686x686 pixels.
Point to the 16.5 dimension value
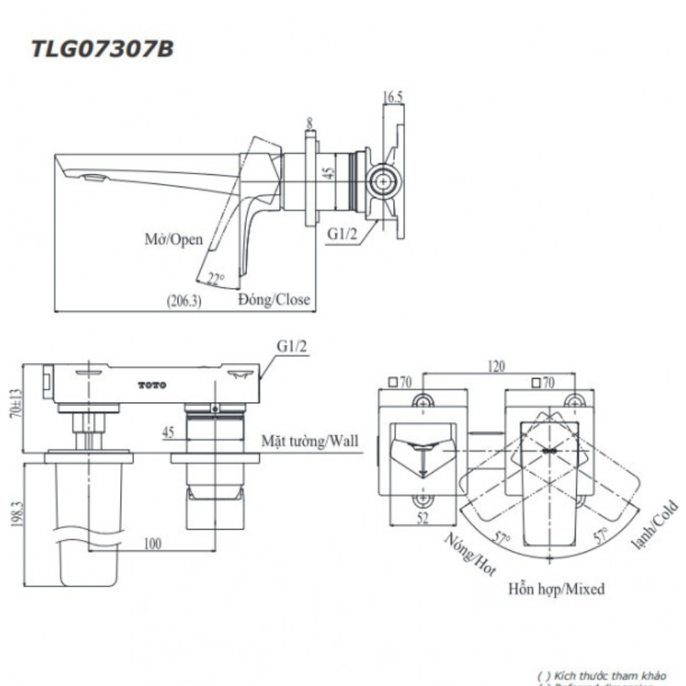(392, 98)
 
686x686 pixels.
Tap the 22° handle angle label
(216, 279)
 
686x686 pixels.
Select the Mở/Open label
(174, 239)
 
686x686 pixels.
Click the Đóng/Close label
(274, 300)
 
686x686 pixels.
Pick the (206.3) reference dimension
(184, 300)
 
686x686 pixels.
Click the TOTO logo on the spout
(152, 386)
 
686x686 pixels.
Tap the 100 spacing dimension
(152, 543)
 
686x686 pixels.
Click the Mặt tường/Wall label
(309, 441)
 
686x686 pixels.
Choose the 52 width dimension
(423, 519)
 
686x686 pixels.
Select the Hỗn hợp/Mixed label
(556, 588)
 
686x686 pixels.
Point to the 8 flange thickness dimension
(310, 123)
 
